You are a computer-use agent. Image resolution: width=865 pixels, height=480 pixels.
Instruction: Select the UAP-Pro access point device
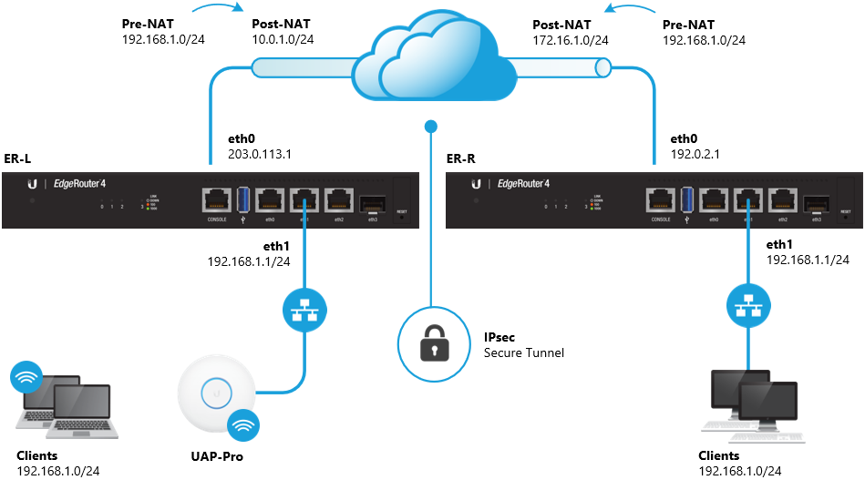click(x=217, y=394)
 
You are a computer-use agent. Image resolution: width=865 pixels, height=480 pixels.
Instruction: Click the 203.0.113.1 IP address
click(x=261, y=155)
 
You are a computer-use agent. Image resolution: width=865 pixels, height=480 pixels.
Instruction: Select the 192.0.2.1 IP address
click(x=695, y=155)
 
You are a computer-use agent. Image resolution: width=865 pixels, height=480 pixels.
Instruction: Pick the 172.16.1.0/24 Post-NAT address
click(x=571, y=40)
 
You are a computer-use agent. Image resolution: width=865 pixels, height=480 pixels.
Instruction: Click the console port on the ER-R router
click(x=661, y=198)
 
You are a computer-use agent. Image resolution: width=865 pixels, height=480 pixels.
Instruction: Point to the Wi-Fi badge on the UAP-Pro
click(x=243, y=425)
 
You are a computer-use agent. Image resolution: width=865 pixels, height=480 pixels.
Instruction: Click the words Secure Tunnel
click(x=524, y=352)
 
